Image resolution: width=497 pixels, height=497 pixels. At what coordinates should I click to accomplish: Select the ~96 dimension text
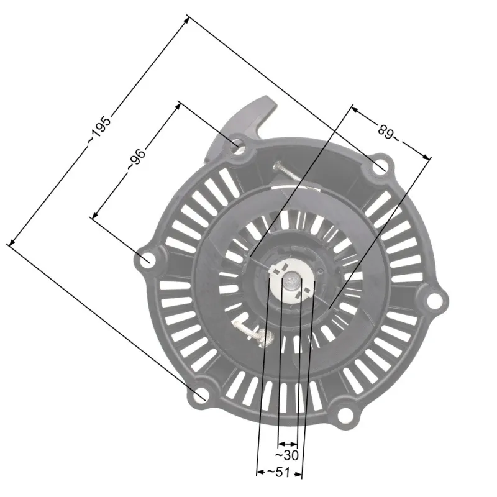tap(136, 159)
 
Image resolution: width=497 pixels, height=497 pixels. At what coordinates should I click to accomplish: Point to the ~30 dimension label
tap(287, 455)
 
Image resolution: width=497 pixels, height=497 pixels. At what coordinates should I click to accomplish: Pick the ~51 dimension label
tap(279, 472)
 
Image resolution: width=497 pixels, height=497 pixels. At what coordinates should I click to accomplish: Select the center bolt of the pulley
tap(290, 282)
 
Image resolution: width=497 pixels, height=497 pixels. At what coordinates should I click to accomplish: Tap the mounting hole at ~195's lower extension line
tap(200, 395)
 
